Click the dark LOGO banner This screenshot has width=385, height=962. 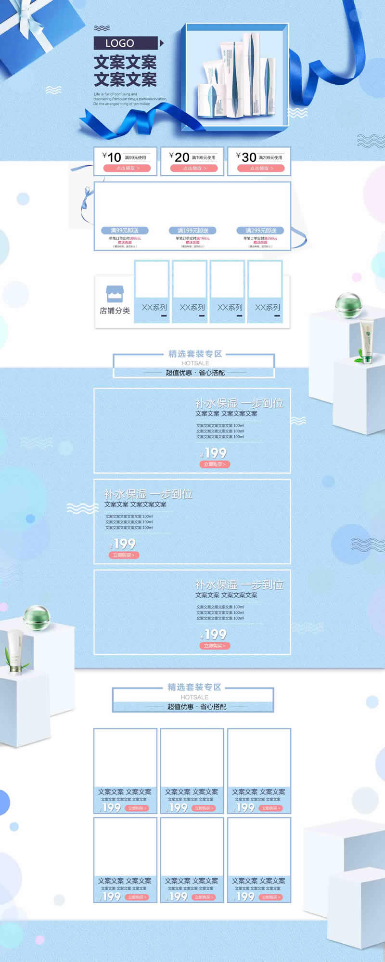click(x=125, y=43)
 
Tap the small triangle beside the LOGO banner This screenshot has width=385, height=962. click(x=162, y=43)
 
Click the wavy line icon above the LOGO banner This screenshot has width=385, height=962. click(x=102, y=28)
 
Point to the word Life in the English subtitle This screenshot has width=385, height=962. click(x=97, y=94)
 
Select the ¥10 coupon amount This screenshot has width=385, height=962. click(x=112, y=157)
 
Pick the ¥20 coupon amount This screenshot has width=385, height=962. click(x=179, y=157)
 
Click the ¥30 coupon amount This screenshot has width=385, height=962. click(x=246, y=157)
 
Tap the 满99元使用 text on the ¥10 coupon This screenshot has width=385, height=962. click(x=135, y=157)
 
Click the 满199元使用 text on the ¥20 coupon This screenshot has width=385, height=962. click(x=204, y=157)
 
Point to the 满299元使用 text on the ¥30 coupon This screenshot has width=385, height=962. click(x=270, y=157)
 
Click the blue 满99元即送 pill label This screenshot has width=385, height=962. click(x=125, y=231)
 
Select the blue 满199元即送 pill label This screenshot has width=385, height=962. click(x=192, y=231)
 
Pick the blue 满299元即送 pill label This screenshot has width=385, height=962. click(x=260, y=231)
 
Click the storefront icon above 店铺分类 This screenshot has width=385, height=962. click(x=115, y=294)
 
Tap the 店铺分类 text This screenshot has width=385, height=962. click(x=115, y=311)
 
